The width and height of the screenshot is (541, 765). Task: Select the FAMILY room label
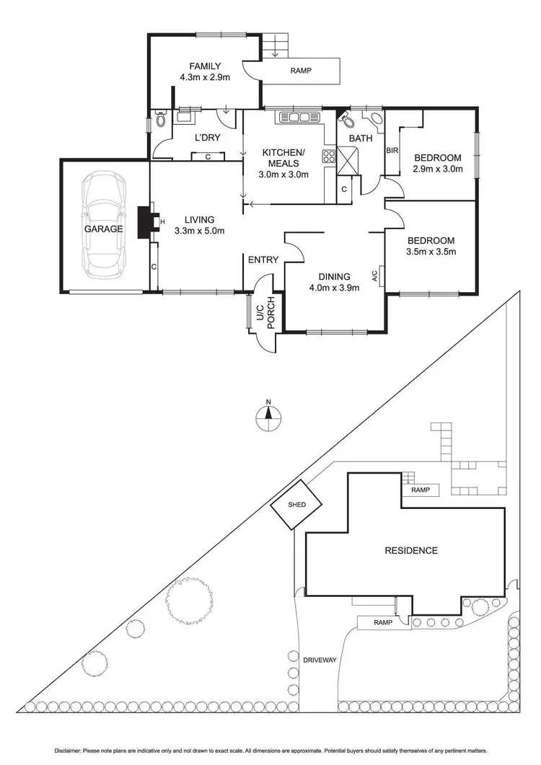pos(205,66)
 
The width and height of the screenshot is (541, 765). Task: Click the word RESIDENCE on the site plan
pos(410,551)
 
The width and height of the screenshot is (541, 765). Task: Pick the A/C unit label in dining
pos(374,275)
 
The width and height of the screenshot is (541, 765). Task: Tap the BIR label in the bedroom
pos(392,151)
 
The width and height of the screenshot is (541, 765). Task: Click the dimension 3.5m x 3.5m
pos(431,252)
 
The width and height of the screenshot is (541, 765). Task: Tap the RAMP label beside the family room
pos(300,71)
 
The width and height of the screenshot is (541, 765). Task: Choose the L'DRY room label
pos(208,138)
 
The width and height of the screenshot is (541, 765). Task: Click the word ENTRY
pos(263,260)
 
